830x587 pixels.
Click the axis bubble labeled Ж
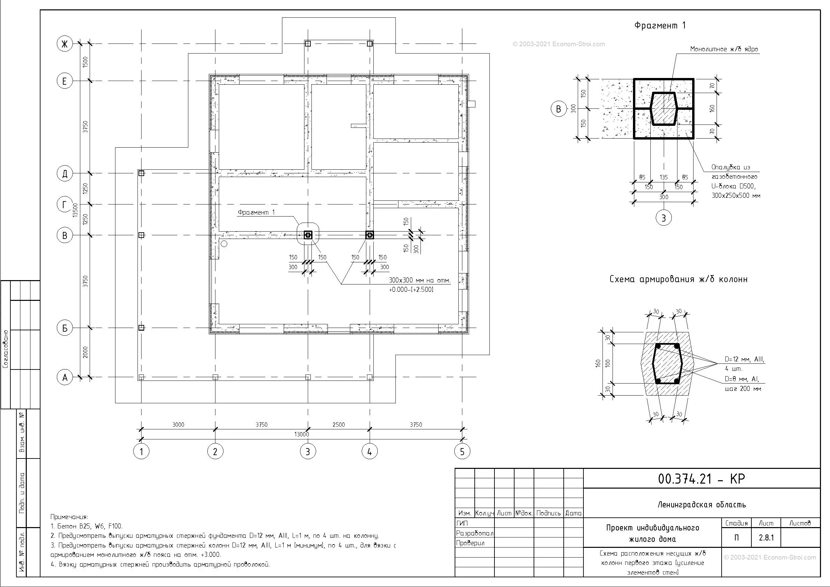point(65,44)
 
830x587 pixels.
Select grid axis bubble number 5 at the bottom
point(462,451)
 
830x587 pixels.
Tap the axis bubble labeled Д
point(65,174)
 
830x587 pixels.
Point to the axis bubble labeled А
point(65,378)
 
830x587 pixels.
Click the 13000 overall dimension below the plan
point(301,434)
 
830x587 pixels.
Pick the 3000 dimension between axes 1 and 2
point(178,425)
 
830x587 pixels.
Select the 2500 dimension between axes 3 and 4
point(339,425)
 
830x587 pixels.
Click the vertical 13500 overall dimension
point(75,210)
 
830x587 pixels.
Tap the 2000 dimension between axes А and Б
point(85,353)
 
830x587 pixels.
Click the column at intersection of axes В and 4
point(369,235)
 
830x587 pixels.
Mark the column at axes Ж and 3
point(308,44)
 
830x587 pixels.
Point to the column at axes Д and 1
point(142,173)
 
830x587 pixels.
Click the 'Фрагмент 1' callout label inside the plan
point(256,212)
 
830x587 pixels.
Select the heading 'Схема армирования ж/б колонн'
point(678,279)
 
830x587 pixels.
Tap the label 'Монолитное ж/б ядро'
point(724,49)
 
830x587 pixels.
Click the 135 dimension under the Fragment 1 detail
point(664,177)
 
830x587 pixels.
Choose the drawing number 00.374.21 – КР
point(701,479)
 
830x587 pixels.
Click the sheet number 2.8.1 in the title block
point(766,538)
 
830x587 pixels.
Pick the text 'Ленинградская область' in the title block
point(702,505)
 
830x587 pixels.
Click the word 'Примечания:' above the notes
point(69,517)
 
